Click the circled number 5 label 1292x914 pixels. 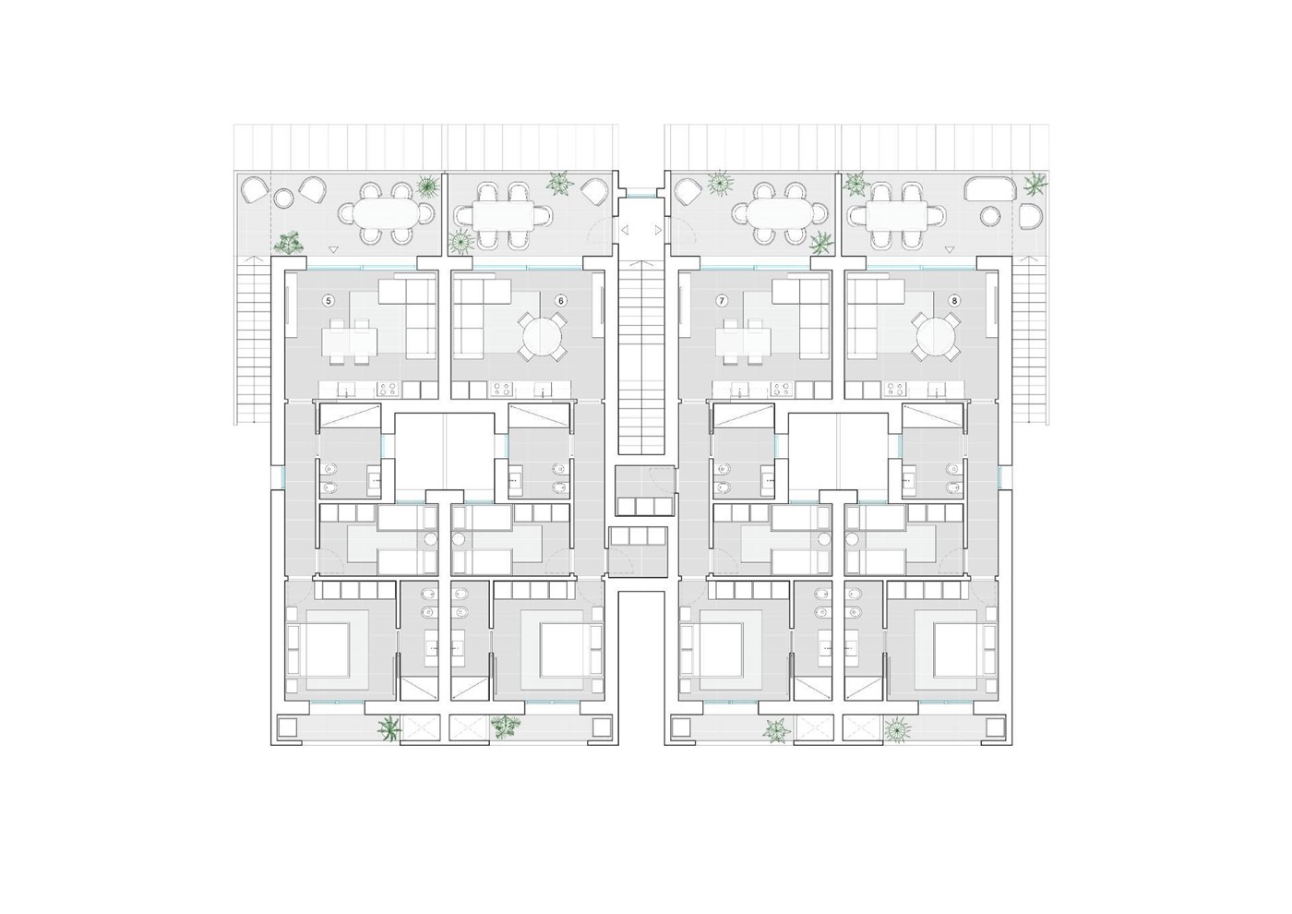329,301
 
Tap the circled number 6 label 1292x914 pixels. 560,301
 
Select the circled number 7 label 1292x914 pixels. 721,301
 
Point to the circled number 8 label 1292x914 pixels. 954,301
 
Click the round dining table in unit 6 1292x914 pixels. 542,337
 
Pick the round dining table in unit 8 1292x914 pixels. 936,337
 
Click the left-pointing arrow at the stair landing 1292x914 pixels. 624,230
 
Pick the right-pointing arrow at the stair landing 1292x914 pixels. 658,230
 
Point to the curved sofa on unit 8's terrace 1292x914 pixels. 990,188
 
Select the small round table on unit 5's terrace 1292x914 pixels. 283,198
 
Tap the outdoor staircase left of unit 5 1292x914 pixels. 252,341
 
